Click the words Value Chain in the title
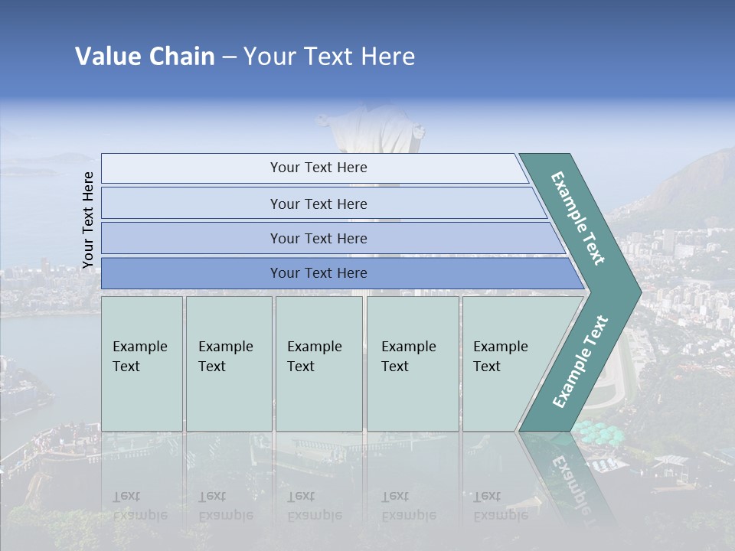(145, 57)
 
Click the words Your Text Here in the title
(329, 57)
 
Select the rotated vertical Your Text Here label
(88, 220)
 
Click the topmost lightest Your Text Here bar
(318, 168)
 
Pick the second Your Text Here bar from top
(318, 204)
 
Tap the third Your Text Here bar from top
(318, 238)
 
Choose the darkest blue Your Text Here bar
(318, 273)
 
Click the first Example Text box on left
(142, 364)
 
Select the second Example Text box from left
(228, 364)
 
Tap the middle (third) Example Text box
(318, 364)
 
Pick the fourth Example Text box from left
(412, 364)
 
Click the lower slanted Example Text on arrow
(580, 361)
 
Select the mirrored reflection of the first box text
(140, 506)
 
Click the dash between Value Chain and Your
(229, 57)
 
